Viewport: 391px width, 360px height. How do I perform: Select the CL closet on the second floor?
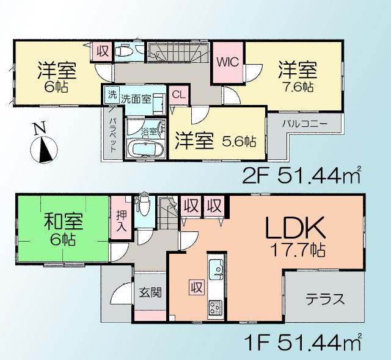pyautogui.click(x=178, y=95)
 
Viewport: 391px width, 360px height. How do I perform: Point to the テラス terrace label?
pyautogui.click(x=325, y=299)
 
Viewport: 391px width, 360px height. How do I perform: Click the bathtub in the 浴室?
pyautogui.click(x=145, y=149)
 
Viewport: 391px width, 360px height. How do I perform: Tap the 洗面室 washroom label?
pyautogui.click(x=135, y=97)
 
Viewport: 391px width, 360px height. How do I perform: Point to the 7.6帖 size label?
pyautogui.click(x=298, y=87)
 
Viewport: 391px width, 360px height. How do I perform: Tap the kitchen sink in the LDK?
pyautogui.click(x=216, y=268)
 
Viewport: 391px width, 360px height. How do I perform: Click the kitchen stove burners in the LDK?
pyautogui.click(x=216, y=305)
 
